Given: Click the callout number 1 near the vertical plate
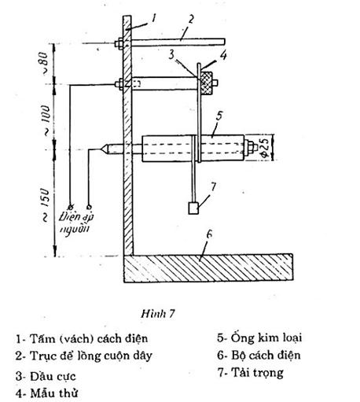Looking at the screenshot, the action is click(x=154, y=18).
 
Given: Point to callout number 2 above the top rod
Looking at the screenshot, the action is click(x=191, y=20).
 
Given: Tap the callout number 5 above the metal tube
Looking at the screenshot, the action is click(x=219, y=116).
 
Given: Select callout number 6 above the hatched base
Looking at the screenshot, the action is click(x=209, y=234).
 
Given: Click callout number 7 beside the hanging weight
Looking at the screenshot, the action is click(x=214, y=186).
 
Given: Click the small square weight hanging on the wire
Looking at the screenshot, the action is click(x=193, y=208).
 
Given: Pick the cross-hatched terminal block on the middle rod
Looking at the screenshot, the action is click(x=207, y=83).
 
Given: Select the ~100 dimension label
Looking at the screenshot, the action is click(x=45, y=120).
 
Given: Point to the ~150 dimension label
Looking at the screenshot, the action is click(x=45, y=204).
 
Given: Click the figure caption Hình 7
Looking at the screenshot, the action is click(x=158, y=314).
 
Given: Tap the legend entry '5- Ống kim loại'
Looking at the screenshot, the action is click(x=259, y=338).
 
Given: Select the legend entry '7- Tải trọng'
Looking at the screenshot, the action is click(x=251, y=373).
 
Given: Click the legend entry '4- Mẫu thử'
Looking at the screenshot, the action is click(x=47, y=393).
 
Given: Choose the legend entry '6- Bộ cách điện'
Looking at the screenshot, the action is click(x=259, y=356).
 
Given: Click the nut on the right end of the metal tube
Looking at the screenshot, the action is click(x=251, y=147).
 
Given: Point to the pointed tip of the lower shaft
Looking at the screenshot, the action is click(x=101, y=149).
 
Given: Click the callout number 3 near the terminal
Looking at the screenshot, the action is click(x=171, y=55).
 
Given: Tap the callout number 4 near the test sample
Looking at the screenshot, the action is click(x=223, y=56).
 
